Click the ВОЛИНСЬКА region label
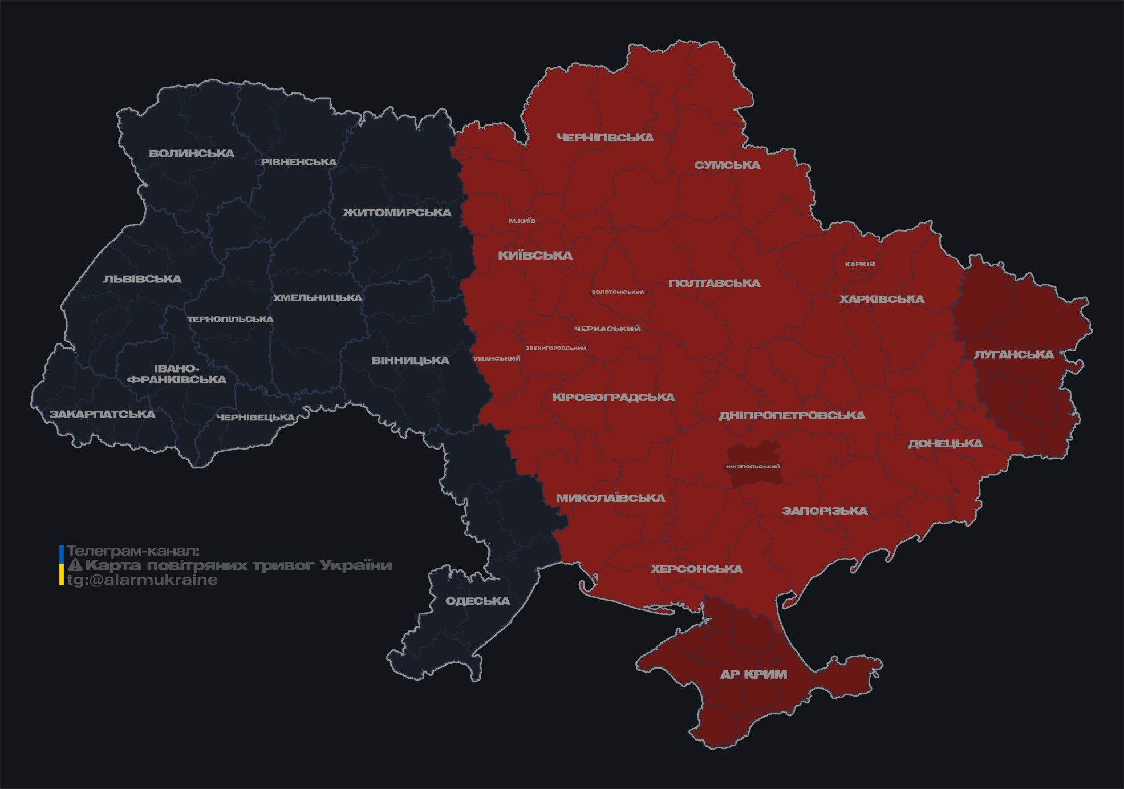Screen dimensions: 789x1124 click(x=192, y=153)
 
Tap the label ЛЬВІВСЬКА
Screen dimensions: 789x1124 click(x=143, y=279)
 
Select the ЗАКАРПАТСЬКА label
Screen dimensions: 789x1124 click(x=103, y=414)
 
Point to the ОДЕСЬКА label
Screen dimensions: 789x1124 click(x=477, y=601)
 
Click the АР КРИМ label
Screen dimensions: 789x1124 click(x=753, y=674)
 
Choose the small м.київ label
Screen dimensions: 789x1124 click(x=522, y=221)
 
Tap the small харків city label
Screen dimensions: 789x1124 click(x=859, y=264)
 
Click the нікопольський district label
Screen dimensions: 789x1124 click(x=753, y=467)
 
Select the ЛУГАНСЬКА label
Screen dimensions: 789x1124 click(x=1013, y=354)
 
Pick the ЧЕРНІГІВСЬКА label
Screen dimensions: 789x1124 click(x=605, y=137)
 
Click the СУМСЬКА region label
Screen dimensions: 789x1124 click(x=727, y=165)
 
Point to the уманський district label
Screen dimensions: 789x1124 click(x=497, y=359)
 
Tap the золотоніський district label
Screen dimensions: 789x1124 click(x=618, y=292)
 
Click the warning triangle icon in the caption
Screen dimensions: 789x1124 click(x=75, y=565)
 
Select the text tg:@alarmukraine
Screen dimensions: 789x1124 click(x=143, y=580)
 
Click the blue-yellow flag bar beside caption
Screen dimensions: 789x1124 click(x=62, y=565)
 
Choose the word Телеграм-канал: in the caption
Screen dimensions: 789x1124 click(x=133, y=551)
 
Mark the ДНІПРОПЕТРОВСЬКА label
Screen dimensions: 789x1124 click(x=792, y=415)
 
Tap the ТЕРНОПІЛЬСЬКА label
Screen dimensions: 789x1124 click(x=230, y=319)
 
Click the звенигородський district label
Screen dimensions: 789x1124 click(x=555, y=348)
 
